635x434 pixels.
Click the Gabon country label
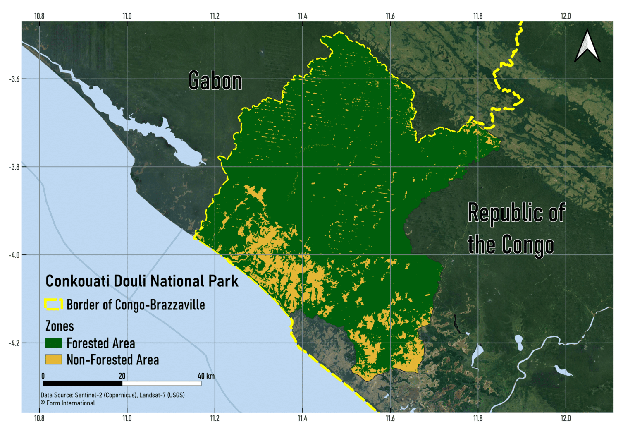pyautogui.click(x=215, y=80)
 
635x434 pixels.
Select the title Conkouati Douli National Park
pyautogui.click(x=142, y=281)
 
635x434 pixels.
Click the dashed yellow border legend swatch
pyautogui.click(x=54, y=305)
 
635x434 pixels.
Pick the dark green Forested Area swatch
pyautogui.click(x=54, y=343)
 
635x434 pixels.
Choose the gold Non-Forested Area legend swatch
pyautogui.click(x=54, y=360)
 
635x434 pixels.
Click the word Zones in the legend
pyautogui.click(x=60, y=326)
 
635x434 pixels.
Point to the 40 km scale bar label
pyautogui.click(x=206, y=376)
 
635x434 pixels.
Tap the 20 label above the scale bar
pyautogui.click(x=122, y=376)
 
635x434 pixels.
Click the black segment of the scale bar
pyautogui.click(x=82, y=384)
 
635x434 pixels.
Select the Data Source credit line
pyautogui.click(x=112, y=395)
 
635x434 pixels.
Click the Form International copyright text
pyautogui.click(x=68, y=403)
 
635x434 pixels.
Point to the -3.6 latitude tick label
pyautogui.click(x=14, y=79)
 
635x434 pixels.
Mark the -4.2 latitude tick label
pyautogui.click(x=14, y=343)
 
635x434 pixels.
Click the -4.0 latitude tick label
pyautogui.click(x=14, y=255)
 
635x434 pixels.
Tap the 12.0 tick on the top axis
pyautogui.click(x=566, y=16)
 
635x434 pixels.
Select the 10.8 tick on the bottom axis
pyautogui.click(x=39, y=418)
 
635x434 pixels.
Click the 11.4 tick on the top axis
pyautogui.click(x=302, y=16)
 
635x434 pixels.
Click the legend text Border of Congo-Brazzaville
pyautogui.click(x=136, y=305)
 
